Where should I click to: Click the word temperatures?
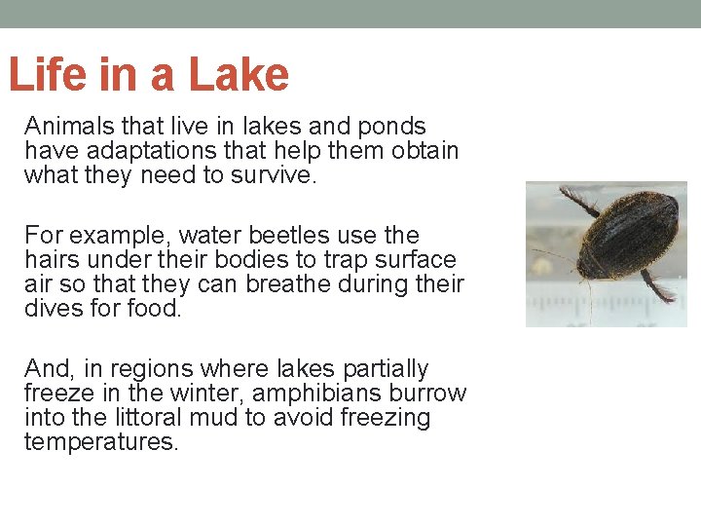click(x=101, y=442)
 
